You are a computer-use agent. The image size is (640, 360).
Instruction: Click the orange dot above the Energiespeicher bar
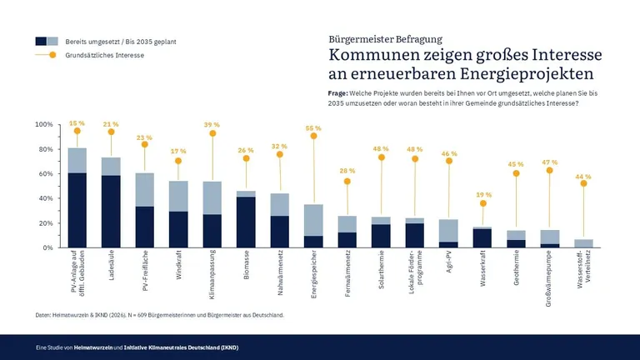pos(313,136)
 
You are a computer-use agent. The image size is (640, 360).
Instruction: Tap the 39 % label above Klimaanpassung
pos(212,124)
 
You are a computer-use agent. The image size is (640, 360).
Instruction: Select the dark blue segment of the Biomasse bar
pos(246,222)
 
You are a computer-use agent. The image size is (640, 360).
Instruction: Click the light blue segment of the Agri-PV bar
pos(448,231)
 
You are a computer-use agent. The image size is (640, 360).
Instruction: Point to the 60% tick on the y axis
pos(59,174)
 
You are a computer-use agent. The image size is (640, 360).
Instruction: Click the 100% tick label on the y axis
pos(44,124)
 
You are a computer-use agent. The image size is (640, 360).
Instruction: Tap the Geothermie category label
pos(516,267)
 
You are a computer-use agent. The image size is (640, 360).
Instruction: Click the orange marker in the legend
pos(52,55)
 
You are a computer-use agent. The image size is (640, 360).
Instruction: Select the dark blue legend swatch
pos(41,41)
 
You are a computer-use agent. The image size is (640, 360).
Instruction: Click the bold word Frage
pos(338,93)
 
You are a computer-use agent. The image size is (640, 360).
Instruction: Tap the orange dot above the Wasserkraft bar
pos(482,203)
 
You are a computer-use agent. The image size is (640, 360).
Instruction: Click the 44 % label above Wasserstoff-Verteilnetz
pos(583,177)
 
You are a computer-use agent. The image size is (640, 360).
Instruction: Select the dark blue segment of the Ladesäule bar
pos(111,212)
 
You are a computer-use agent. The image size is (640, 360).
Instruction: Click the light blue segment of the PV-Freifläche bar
pos(145,190)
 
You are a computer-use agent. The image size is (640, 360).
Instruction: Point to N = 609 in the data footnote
pos(137,315)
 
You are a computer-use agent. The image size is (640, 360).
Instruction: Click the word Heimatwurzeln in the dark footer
pos(93,347)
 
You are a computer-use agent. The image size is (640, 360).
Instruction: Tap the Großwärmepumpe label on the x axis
pos(549,278)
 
